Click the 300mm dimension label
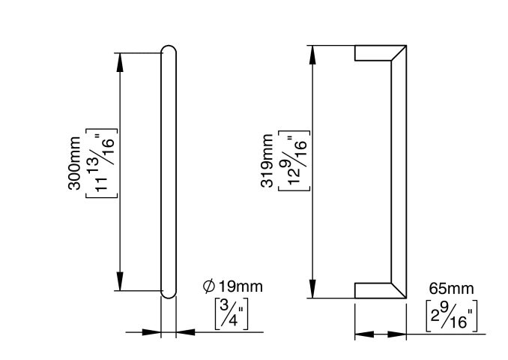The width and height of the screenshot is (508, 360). click(x=74, y=163)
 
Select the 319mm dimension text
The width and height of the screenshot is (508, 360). click(x=267, y=160)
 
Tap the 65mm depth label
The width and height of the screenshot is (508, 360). click(x=451, y=288)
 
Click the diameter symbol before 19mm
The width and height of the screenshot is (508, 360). click(x=209, y=286)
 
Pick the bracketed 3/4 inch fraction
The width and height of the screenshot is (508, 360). click(x=232, y=313)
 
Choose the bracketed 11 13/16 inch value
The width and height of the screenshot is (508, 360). click(x=101, y=163)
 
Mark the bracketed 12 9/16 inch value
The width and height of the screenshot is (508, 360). click(x=294, y=160)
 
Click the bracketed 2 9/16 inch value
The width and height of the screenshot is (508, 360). click(x=451, y=316)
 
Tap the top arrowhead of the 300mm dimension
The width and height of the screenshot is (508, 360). click(x=120, y=62)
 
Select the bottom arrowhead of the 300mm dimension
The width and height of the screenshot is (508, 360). click(x=120, y=281)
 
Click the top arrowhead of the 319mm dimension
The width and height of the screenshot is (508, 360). click(x=312, y=55)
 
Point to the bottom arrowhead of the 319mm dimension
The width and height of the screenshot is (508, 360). click(x=312, y=289)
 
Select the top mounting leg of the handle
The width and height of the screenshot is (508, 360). click(x=373, y=52)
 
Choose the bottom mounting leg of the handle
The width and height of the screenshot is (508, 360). click(x=373, y=290)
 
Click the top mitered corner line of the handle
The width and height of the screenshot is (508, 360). click(x=399, y=52)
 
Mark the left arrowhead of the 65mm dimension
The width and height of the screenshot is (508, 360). click(x=364, y=334)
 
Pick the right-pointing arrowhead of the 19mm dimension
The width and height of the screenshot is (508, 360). click(x=151, y=332)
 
